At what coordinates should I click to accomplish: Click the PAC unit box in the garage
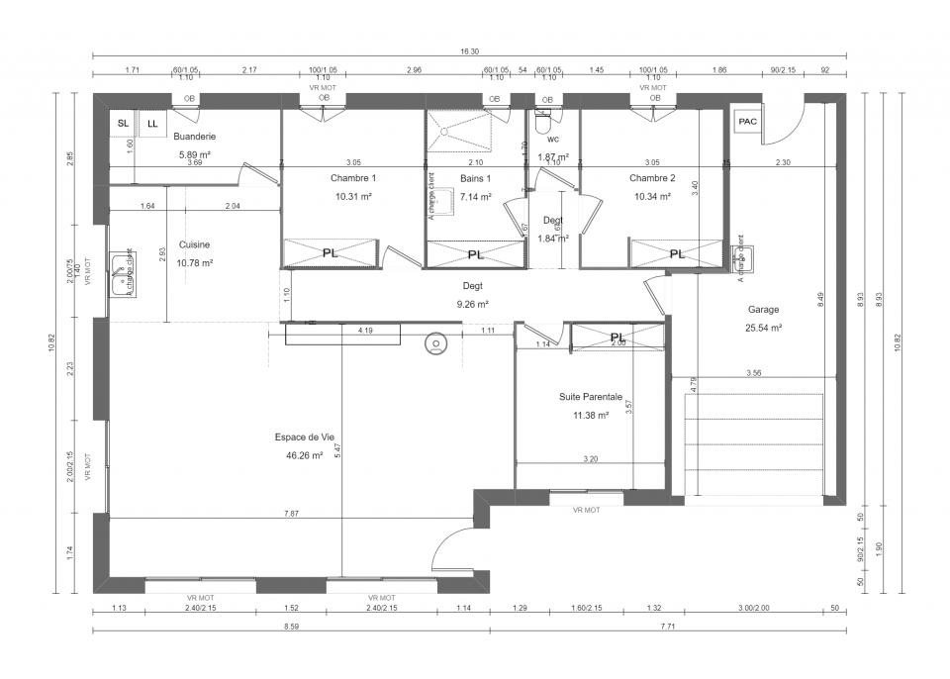coord(748,121)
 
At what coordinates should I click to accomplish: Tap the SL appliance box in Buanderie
coord(123,123)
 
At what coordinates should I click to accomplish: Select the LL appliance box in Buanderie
coord(152,124)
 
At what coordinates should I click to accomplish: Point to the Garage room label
coord(763,309)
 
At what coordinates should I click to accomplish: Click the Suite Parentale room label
coord(591,397)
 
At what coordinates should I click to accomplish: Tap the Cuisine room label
coord(194,244)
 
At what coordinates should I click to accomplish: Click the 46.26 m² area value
coord(305,455)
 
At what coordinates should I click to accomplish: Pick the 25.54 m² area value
coord(763,327)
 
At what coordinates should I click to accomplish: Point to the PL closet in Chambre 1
coord(331,253)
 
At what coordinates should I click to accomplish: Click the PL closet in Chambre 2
coord(677,253)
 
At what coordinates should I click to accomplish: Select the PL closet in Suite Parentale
coord(617,337)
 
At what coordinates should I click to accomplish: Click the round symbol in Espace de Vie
coord(435,344)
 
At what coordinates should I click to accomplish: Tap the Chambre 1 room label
coord(353,178)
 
